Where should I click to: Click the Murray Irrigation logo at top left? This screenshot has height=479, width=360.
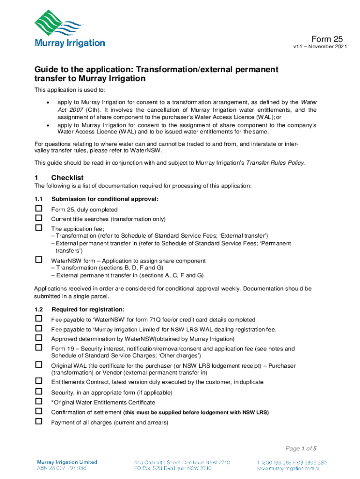pos(69,29)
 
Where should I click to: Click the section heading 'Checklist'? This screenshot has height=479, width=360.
pos(67,178)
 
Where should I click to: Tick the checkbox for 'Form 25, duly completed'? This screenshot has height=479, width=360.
pos(39,209)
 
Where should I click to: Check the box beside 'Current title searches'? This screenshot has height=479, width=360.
pos(39,218)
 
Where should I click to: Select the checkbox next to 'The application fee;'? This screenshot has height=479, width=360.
pos(39,228)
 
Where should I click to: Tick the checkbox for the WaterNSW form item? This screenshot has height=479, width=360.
pos(39,260)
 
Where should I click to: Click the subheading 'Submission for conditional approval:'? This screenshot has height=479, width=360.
pos(105,199)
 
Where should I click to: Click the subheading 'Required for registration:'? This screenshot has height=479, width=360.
pos(88,310)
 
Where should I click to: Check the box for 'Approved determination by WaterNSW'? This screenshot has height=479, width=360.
pos(39,338)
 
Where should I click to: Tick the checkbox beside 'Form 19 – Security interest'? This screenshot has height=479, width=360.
pos(39,348)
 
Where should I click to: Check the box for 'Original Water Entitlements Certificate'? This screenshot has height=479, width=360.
pos(39,402)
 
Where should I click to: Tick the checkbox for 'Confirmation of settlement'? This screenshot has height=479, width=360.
pos(39,412)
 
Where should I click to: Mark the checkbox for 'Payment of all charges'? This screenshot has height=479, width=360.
pos(39,422)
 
